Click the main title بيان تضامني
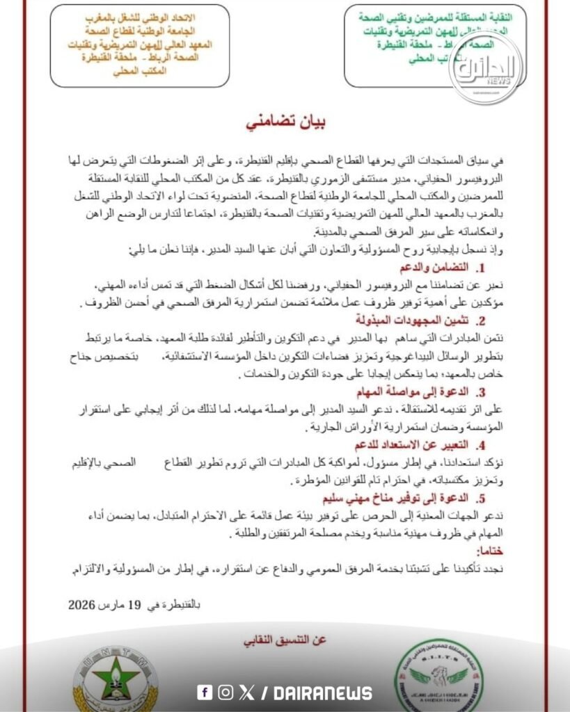click(x=286, y=123)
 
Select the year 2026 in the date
click(x=83, y=604)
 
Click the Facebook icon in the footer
click(x=205, y=692)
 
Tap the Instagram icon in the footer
click(x=225, y=692)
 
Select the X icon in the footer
click(x=246, y=692)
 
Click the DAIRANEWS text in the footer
click(x=323, y=693)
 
